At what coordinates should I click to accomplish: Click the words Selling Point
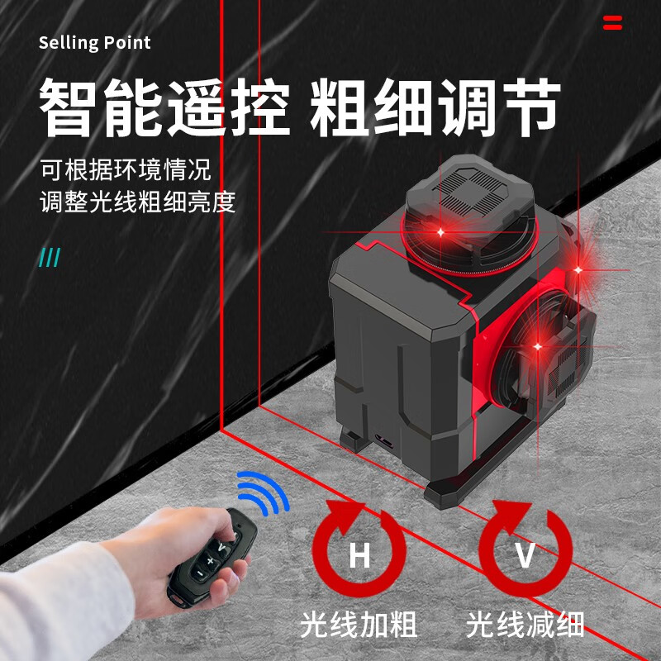95,43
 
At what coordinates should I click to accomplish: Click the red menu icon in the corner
612,22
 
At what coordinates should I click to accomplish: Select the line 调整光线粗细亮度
138,202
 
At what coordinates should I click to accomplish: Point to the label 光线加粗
359,624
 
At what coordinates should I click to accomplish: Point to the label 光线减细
525,624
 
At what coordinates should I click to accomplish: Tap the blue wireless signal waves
262,494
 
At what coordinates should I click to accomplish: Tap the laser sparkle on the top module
440,233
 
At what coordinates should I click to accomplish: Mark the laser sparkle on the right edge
579,268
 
